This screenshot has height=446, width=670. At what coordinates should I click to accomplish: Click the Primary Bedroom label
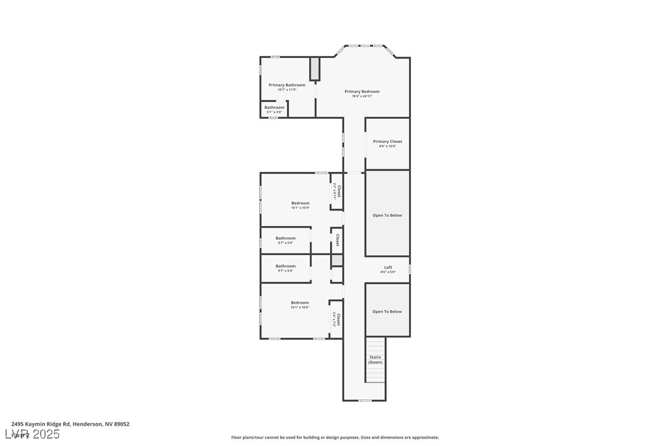pyautogui.click(x=362, y=92)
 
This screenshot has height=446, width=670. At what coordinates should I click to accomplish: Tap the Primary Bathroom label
pyautogui.click(x=287, y=85)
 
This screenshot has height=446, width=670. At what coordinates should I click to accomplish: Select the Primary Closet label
pyautogui.click(x=387, y=142)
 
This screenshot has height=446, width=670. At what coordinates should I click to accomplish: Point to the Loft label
pyautogui.click(x=388, y=267)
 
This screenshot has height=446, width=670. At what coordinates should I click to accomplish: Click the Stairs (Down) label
pyautogui.click(x=375, y=360)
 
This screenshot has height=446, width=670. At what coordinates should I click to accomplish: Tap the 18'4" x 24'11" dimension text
pyautogui.click(x=362, y=96)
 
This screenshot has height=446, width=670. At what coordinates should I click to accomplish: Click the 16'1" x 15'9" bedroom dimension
pyautogui.click(x=300, y=208)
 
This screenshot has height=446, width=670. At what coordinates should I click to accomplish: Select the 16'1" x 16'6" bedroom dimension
pyautogui.click(x=300, y=307)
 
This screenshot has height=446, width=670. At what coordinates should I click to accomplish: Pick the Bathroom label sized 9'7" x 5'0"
pyautogui.click(x=286, y=238)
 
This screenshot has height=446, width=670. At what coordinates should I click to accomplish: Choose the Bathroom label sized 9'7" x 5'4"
pyautogui.click(x=286, y=266)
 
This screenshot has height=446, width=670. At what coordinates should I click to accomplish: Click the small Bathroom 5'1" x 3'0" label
pyautogui.click(x=275, y=108)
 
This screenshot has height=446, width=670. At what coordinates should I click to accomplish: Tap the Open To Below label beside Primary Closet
pyautogui.click(x=387, y=216)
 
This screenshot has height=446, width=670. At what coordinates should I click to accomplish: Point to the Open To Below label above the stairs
pyautogui.click(x=387, y=312)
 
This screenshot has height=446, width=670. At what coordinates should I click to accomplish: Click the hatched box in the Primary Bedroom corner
pyautogui.click(x=315, y=68)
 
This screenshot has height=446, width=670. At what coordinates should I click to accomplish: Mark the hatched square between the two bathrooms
pyautogui.click(x=336, y=260)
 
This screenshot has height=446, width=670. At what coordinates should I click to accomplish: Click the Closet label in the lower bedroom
pyautogui.click(x=338, y=318)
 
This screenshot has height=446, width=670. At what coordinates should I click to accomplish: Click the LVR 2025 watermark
pyautogui.click(x=35, y=434)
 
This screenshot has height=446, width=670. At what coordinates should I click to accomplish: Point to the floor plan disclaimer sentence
pyautogui.click(x=335, y=437)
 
